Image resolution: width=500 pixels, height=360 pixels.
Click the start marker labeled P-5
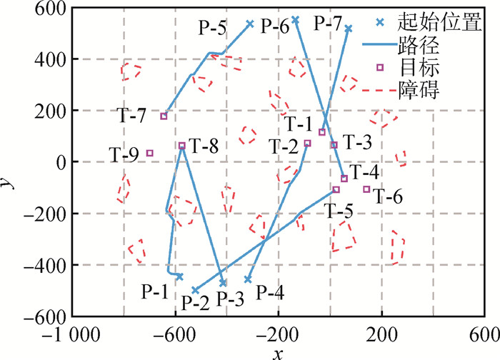pyautogui.click(x=250, y=24)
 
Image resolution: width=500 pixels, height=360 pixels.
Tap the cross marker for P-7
pyautogui.click(x=349, y=29)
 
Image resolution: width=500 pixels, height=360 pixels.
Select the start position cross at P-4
pyautogui.click(x=248, y=279)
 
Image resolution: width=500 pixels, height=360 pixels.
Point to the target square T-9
pyautogui.click(x=150, y=153)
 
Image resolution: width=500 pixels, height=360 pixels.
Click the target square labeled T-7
pyautogui.click(x=164, y=116)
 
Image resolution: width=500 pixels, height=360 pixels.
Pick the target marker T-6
pyautogui.click(x=366, y=189)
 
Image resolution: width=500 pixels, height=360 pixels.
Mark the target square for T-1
pyautogui.click(x=321, y=131)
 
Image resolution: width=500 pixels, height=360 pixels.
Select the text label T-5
pyautogui.click(x=339, y=210)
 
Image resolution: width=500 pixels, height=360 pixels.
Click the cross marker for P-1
pyautogui.click(x=180, y=276)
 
